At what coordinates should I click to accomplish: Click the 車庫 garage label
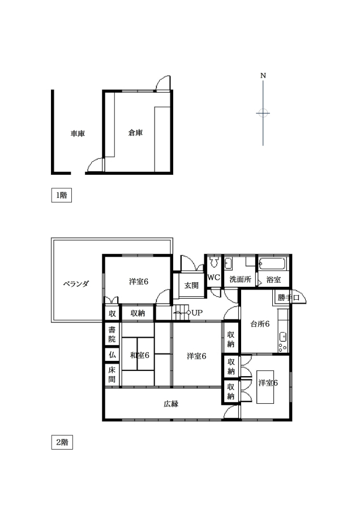pyautogui.click(x=78, y=133)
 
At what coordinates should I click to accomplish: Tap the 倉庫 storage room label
pyautogui.click(x=135, y=132)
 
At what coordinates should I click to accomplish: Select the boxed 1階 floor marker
pyautogui.click(x=61, y=195)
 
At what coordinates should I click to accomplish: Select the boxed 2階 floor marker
pyautogui.click(x=62, y=442)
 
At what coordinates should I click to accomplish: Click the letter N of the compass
pyautogui.click(x=263, y=76)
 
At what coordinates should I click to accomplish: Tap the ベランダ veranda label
pyautogui.click(x=76, y=284)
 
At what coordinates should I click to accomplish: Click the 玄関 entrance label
pyautogui.click(x=191, y=286)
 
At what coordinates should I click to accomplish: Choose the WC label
pyautogui.click(x=213, y=278)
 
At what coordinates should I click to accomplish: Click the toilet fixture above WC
pyautogui.click(x=213, y=261)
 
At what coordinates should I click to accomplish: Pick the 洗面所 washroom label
pyautogui.click(x=240, y=279)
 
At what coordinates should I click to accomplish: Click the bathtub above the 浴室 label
pyautogui.click(x=273, y=264)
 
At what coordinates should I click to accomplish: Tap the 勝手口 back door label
pyautogui.click(x=289, y=297)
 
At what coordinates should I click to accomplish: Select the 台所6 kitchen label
pyautogui.click(x=260, y=323)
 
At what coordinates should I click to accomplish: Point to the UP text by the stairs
pyautogui.click(x=197, y=313)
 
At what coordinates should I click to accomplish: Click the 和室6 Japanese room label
pyautogui.click(x=140, y=355)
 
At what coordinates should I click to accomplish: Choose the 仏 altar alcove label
pyautogui.click(x=112, y=355)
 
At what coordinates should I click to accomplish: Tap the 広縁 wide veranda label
pyautogui.click(x=171, y=404)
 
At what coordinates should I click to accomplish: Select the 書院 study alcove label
pyautogui.click(x=112, y=335)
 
